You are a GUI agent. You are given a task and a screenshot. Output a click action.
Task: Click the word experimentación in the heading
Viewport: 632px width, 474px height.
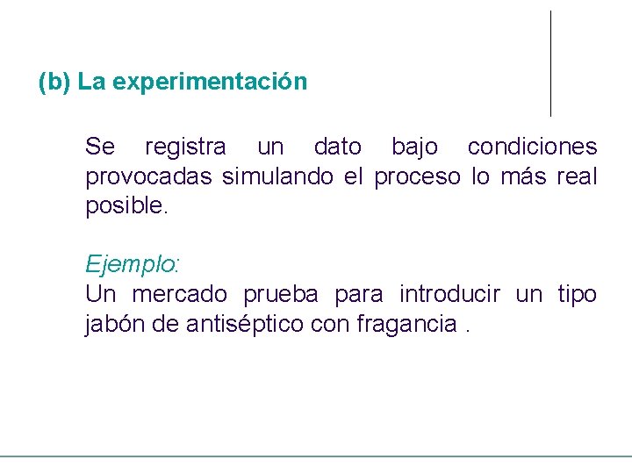click(210, 83)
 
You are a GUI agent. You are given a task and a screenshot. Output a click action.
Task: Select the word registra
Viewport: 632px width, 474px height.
click(184, 147)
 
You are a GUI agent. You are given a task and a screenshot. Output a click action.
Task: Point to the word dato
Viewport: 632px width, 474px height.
click(337, 147)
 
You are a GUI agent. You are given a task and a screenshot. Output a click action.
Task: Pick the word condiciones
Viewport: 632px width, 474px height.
click(532, 147)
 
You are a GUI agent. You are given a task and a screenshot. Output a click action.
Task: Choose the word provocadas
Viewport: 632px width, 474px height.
click(148, 177)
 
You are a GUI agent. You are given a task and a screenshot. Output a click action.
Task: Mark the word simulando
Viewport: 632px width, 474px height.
click(277, 177)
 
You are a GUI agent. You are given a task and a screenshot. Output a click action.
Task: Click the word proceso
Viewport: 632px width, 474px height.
click(417, 177)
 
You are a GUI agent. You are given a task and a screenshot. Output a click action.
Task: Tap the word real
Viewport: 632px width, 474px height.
click(577, 177)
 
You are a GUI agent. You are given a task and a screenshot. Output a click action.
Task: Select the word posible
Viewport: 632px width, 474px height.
click(124, 207)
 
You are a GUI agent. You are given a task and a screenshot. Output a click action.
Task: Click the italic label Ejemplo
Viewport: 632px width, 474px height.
click(130, 264)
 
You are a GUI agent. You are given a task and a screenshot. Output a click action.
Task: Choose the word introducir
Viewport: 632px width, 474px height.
click(449, 294)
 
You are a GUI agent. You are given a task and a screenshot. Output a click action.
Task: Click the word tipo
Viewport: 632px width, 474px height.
click(577, 294)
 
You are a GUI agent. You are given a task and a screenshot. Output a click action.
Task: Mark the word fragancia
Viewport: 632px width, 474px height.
click(406, 325)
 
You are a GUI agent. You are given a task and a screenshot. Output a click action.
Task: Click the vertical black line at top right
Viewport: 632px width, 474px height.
click(550, 63)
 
